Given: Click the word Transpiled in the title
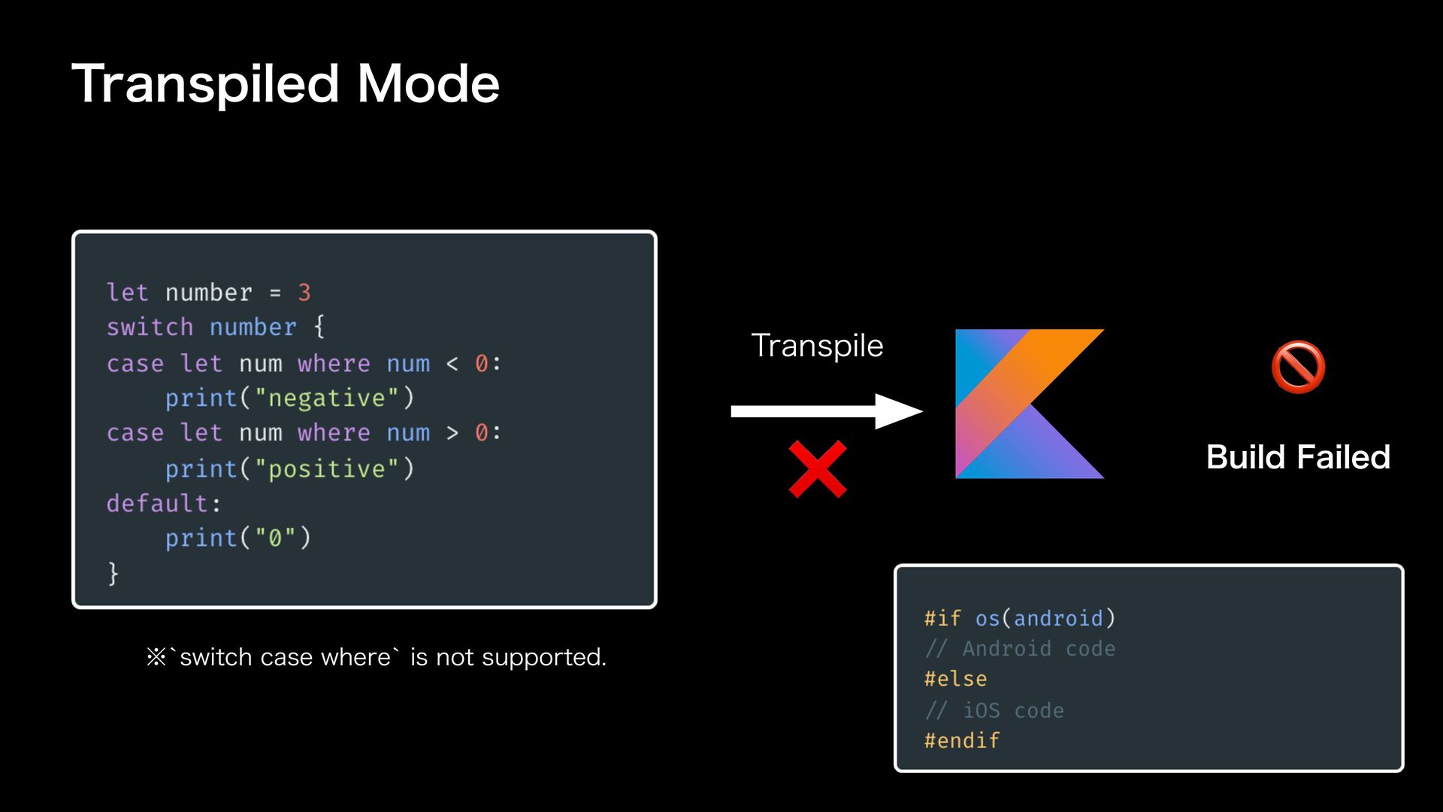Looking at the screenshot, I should pyautogui.click(x=205, y=84).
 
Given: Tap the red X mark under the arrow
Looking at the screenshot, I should pyautogui.click(x=818, y=470).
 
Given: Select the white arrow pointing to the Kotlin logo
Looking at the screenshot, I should pyautogui.click(x=826, y=411).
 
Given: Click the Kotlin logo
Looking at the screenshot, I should pyautogui.click(x=1029, y=404).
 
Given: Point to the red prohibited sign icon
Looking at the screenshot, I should pyautogui.click(x=1298, y=367).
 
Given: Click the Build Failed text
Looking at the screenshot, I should pyautogui.click(x=1298, y=457).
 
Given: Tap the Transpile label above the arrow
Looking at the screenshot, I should pyautogui.click(x=817, y=346).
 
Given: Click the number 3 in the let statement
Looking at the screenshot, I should pyautogui.click(x=304, y=292).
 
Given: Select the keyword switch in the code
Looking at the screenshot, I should pyautogui.click(x=150, y=327).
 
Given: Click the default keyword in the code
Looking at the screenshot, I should pyautogui.click(x=157, y=503).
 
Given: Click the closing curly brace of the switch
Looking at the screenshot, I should pyautogui.click(x=113, y=573).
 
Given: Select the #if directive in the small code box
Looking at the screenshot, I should pyautogui.click(x=942, y=618).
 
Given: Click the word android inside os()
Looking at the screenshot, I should pyautogui.click(x=1058, y=618).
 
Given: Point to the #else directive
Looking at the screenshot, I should pyautogui.click(x=955, y=679).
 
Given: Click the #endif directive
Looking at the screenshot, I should pyautogui.click(x=962, y=741).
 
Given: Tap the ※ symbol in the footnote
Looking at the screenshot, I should pyautogui.click(x=156, y=658).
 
